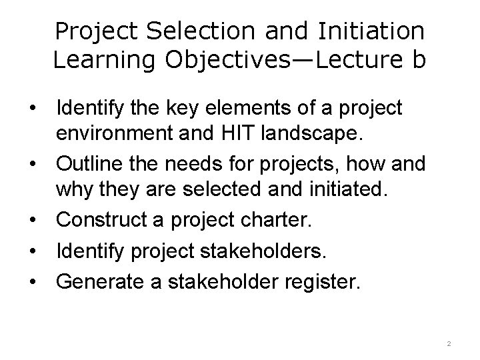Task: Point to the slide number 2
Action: click(449, 344)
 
